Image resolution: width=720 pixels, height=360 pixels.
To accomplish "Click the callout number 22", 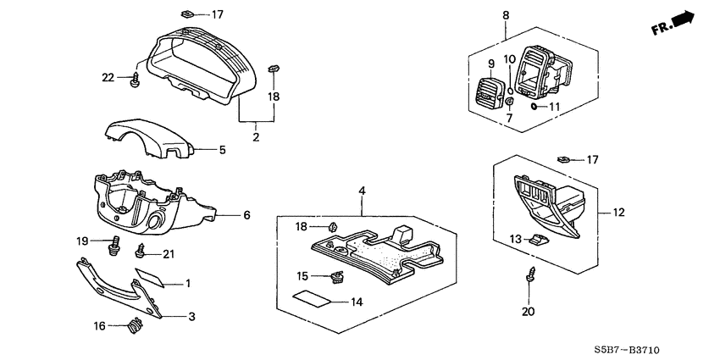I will [x=108, y=78].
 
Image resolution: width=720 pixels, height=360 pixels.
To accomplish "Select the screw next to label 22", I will [x=135, y=80].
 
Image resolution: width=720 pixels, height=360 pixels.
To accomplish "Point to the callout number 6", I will [x=246, y=216].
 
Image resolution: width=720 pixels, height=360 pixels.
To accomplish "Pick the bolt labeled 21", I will [x=141, y=252].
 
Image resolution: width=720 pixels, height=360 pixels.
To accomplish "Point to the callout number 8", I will [x=506, y=15].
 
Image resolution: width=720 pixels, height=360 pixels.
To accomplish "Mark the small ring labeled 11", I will [x=534, y=107].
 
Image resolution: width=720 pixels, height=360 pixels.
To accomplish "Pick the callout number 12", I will [x=618, y=212].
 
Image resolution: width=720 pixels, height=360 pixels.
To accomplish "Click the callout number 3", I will [x=191, y=317].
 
